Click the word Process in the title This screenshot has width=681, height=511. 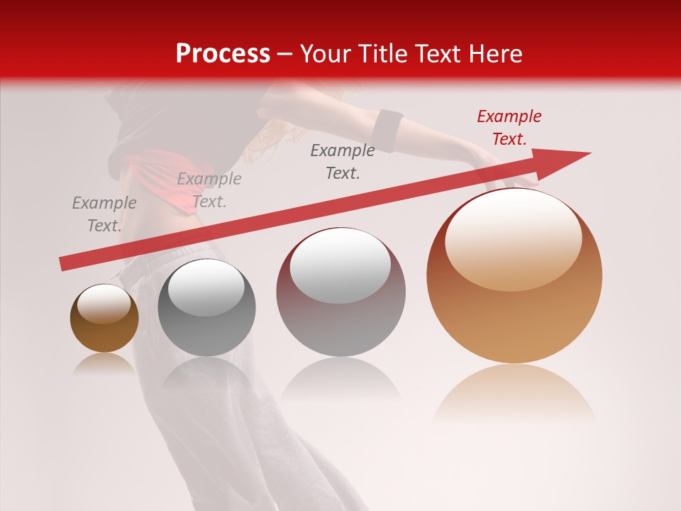coord(223,54)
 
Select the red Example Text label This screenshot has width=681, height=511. coord(509,128)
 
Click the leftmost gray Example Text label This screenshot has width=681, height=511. coord(104,214)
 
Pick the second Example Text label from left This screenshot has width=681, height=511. coord(209,190)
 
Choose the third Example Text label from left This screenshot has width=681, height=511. coord(343,162)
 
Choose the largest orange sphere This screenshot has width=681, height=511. coord(514,312)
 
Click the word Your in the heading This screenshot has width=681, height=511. coord(327,54)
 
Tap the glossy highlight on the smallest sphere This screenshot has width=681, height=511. coord(104,304)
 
